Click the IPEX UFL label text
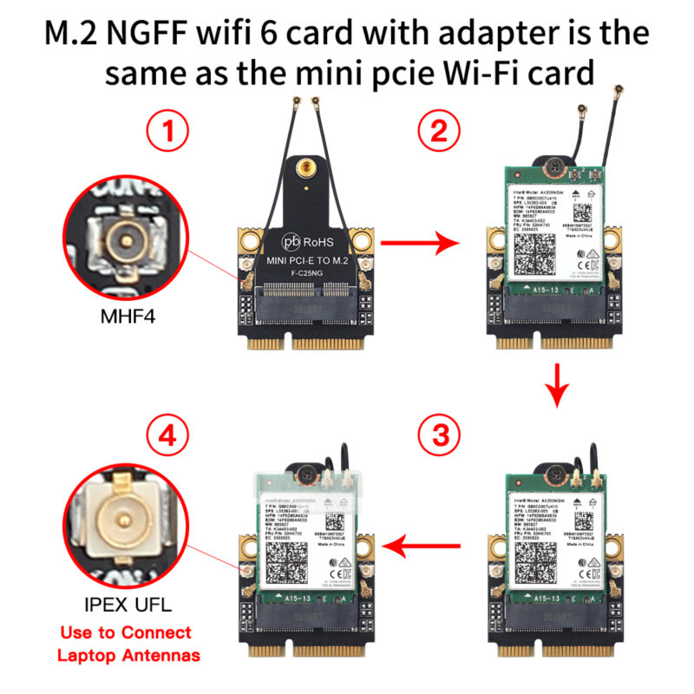pos(129,604)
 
